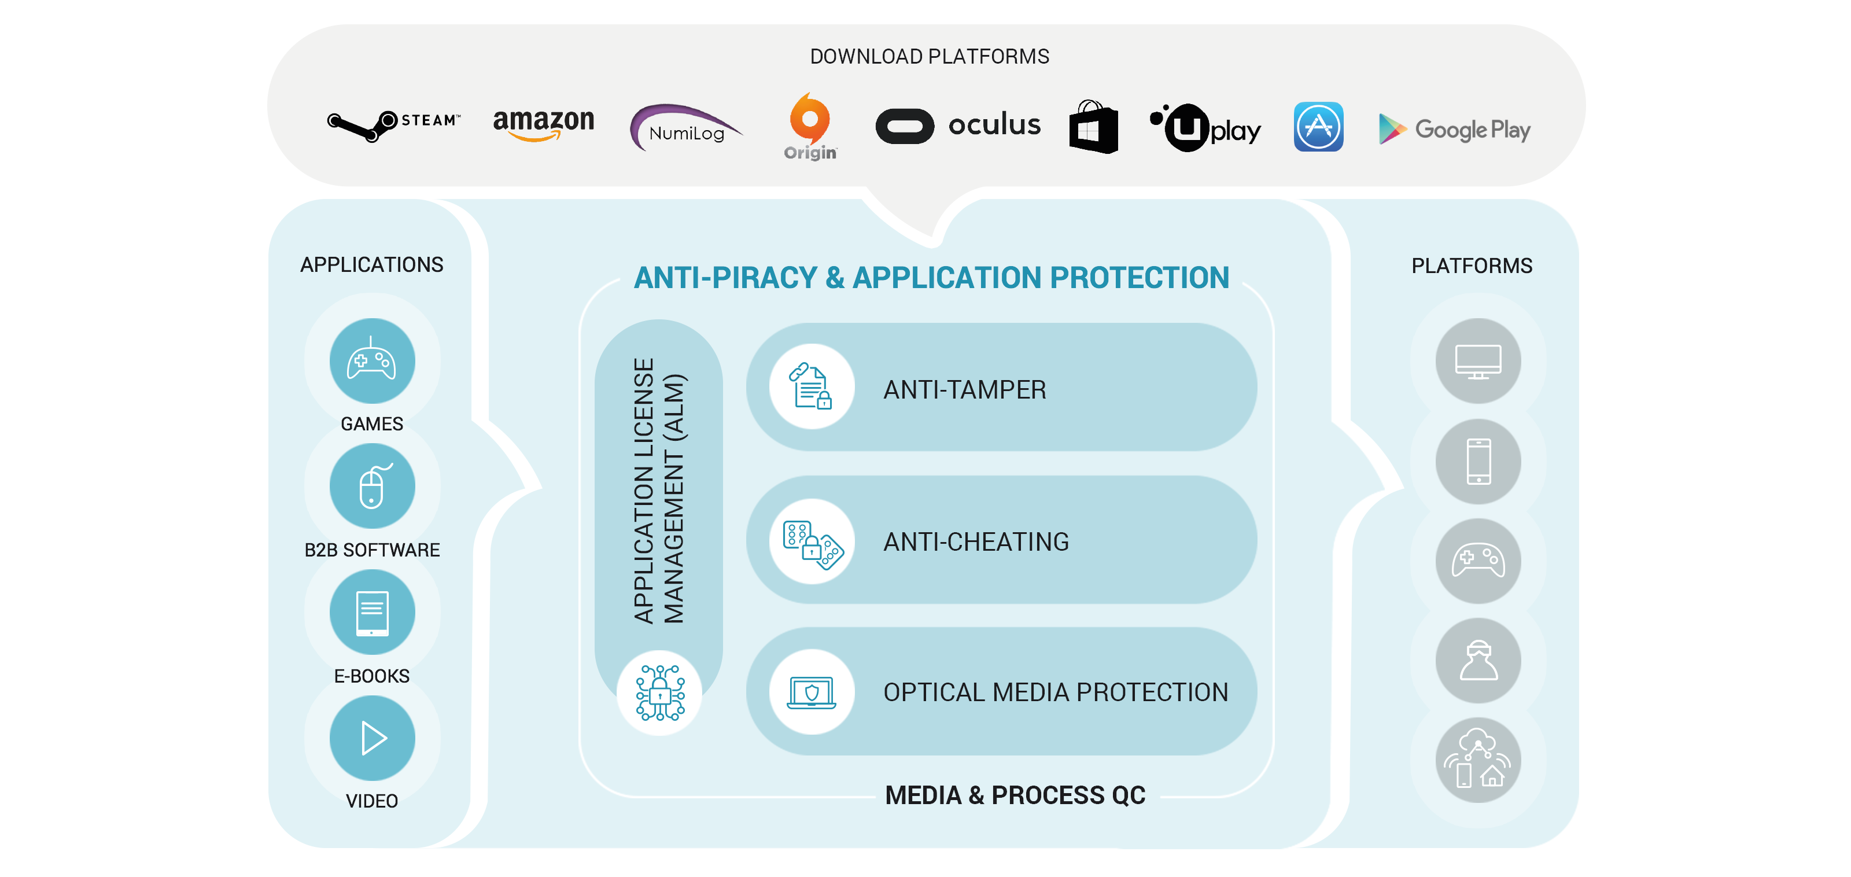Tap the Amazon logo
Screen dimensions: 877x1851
click(x=543, y=124)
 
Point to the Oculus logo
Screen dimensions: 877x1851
click(x=958, y=126)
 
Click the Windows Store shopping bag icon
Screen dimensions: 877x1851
click(x=1093, y=127)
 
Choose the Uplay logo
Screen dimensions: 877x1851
click(x=1205, y=127)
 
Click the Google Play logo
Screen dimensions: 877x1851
click(x=1454, y=130)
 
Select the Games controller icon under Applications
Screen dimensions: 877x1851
click(x=371, y=361)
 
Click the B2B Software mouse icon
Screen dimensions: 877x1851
click(x=371, y=487)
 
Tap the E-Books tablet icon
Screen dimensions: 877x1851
click(x=371, y=613)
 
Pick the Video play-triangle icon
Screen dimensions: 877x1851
click(x=371, y=738)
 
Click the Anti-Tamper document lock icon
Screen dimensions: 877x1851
click(x=811, y=387)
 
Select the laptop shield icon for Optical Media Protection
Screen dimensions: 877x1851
click(x=811, y=692)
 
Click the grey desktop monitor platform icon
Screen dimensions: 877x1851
click(x=1477, y=361)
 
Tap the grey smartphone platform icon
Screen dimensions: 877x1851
click(x=1477, y=462)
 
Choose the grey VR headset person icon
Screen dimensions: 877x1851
click(x=1477, y=661)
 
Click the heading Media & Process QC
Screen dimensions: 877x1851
click(x=1015, y=795)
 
